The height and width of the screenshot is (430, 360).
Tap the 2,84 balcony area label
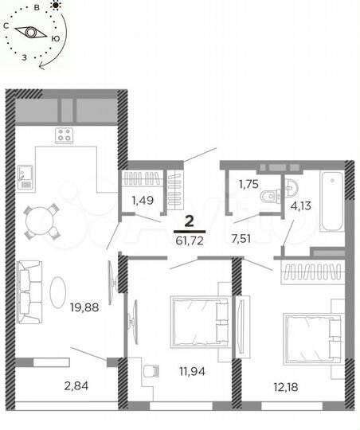pyautogui.click(x=77, y=388)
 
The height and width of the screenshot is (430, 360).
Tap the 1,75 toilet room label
pyautogui.click(x=249, y=185)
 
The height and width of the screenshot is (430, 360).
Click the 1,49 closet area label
pyautogui.click(x=143, y=201)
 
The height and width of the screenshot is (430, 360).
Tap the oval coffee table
pyautogui.click(x=60, y=290)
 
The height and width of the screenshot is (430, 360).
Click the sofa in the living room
pyautogui.click(x=29, y=290)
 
